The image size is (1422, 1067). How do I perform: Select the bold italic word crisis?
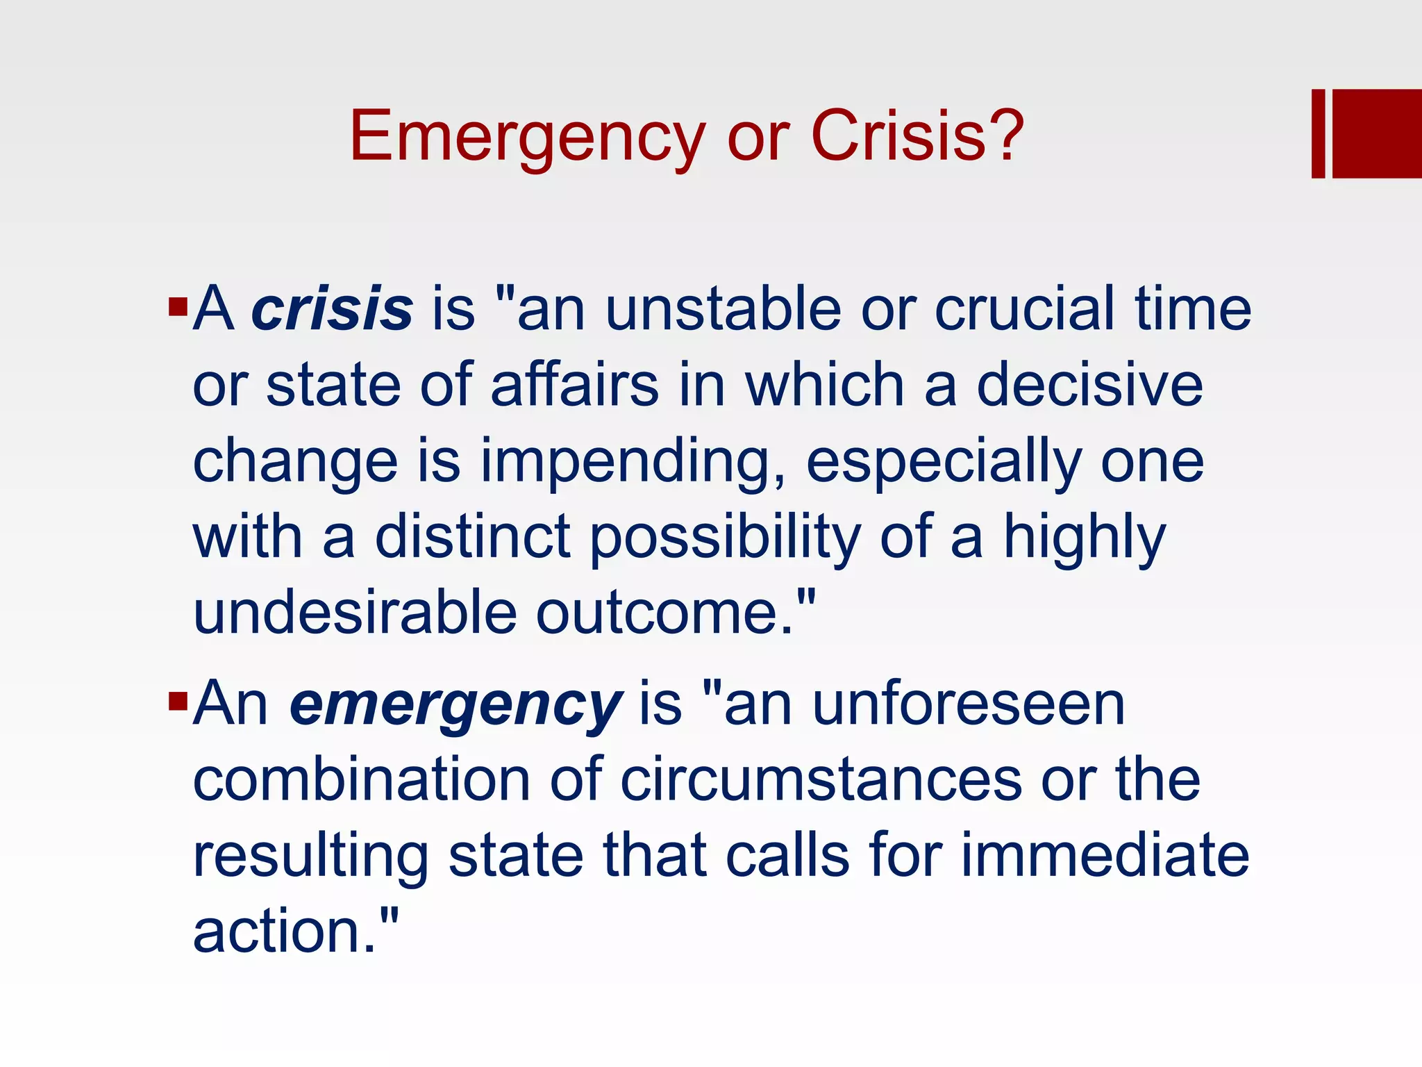332,309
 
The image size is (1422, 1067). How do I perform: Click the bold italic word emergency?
455,705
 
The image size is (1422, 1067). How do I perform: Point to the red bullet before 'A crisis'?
178,306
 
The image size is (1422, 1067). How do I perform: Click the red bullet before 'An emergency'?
178,702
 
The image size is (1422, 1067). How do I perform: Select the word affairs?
575,386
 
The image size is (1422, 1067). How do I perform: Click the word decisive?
1090,386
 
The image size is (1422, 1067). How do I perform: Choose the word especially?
944,463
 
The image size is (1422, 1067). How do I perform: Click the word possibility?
726,539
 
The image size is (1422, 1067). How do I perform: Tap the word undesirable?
355,614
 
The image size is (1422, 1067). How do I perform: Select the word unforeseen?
969,705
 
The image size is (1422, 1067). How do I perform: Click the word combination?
362,781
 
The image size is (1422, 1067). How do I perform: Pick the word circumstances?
821,781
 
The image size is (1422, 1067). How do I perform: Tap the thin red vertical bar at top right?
1319,133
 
